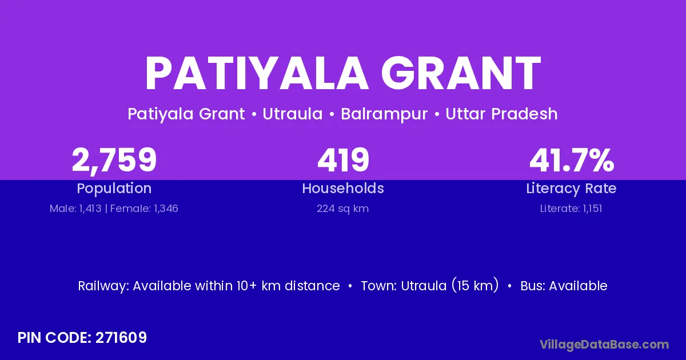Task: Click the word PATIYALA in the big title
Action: coord(257,74)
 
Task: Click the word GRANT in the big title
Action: coord(461,74)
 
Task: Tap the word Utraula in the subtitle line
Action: coord(293,114)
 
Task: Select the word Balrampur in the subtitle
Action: coord(384,114)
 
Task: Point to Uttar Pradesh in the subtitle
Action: coord(501,114)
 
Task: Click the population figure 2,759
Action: coord(114,161)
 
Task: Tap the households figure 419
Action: coord(344,160)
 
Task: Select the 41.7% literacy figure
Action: coord(572,160)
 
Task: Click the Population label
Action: coord(114,189)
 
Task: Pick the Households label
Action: coord(343,188)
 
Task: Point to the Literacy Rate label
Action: coord(571,189)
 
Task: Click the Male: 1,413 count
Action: coord(75,209)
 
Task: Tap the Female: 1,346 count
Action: coord(144,209)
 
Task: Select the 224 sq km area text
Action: coord(342,209)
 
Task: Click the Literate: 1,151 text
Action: coord(571,209)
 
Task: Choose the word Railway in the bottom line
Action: coord(103,286)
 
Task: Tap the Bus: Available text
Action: coord(564,286)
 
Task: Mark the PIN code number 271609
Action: coord(121,338)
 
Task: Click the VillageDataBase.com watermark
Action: coord(604,345)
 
